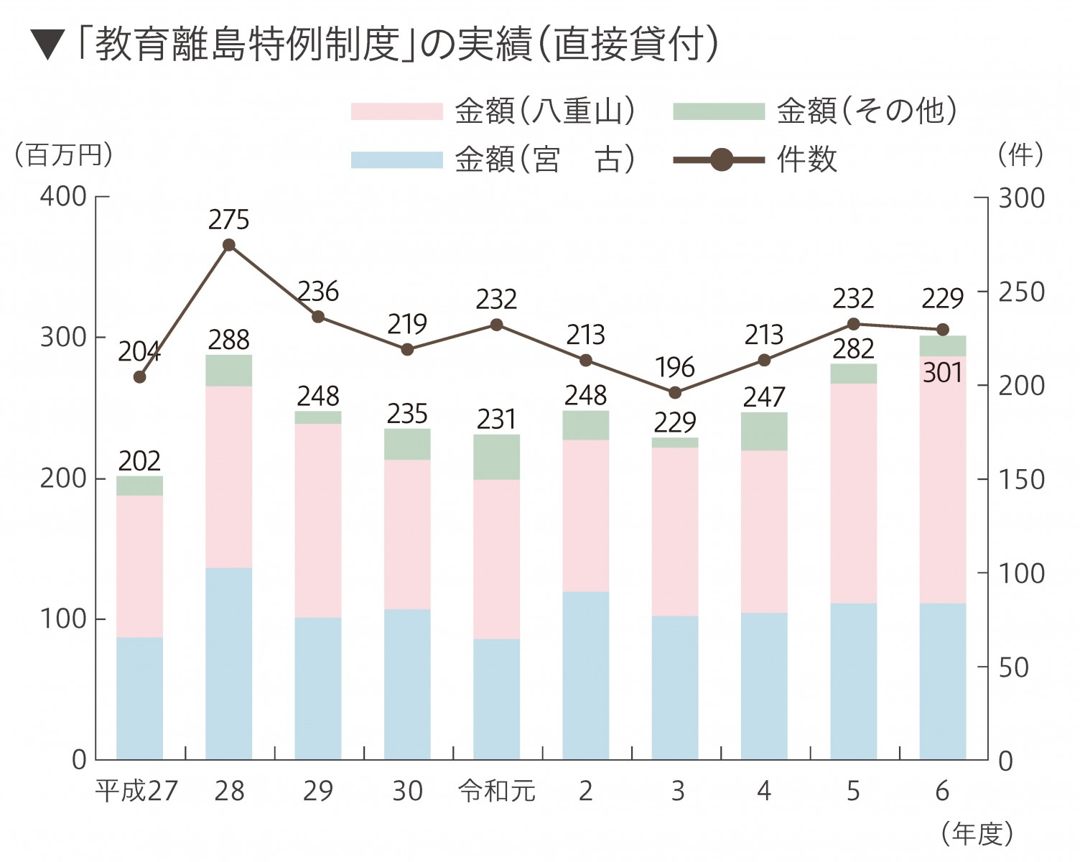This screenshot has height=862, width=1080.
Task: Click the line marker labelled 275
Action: (x=229, y=245)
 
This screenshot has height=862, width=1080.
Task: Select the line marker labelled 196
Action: (x=675, y=392)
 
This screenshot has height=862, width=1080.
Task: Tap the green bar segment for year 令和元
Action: (x=497, y=457)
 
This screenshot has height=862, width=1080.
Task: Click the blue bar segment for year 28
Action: (x=229, y=663)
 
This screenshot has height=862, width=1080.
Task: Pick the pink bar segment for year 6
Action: (x=943, y=480)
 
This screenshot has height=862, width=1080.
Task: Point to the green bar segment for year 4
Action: (x=764, y=431)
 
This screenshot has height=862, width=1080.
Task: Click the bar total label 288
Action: (x=229, y=340)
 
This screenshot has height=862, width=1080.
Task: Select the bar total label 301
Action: (x=942, y=373)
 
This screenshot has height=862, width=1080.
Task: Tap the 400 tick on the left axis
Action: (x=63, y=196)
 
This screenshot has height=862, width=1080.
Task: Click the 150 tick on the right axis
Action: (x=1021, y=479)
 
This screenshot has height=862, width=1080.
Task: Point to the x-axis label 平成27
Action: (x=136, y=791)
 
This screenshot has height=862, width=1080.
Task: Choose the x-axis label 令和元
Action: (x=497, y=791)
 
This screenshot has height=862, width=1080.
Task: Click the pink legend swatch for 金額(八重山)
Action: (x=396, y=111)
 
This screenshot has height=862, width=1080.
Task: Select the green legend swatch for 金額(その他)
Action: (x=719, y=111)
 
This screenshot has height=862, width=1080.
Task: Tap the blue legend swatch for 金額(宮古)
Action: (x=396, y=159)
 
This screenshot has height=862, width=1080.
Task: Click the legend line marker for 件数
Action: (x=722, y=159)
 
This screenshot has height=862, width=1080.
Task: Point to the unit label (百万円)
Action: (x=64, y=154)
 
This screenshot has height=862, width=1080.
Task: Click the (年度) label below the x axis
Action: (x=977, y=833)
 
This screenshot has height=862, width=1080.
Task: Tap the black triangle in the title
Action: (x=49, y=45)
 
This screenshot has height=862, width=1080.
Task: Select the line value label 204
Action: (x=139, y=352)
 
